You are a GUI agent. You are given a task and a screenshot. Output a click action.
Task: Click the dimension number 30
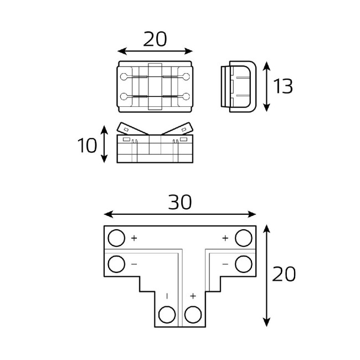(179, 203)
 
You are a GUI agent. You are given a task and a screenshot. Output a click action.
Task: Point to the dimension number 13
(283, 86)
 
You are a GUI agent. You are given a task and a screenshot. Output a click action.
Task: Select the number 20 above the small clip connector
(155, 39)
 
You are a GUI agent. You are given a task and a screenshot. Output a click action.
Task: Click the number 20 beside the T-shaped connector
(283, 274)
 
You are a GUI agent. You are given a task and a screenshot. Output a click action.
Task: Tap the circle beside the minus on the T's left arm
(116, 264)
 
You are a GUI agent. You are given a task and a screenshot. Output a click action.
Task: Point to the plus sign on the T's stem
(193, 296)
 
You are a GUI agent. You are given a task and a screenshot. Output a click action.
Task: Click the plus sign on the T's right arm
(225, 238)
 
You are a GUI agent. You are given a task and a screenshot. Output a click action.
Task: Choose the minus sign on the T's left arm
(134, 264)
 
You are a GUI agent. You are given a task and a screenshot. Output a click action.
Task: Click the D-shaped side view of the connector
(238, 86)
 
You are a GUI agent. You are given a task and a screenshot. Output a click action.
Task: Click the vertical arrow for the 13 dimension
(267, 86)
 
